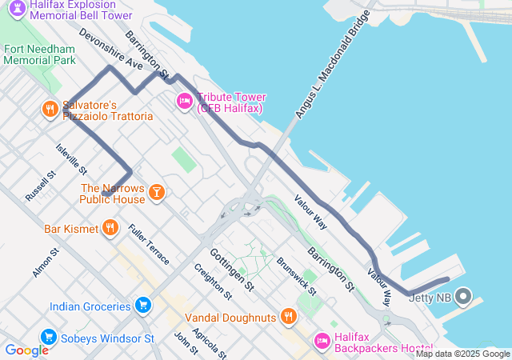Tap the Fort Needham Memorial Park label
coord(39,54)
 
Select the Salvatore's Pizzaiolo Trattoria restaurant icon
coord(50,107)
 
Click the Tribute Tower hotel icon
coord(183,101)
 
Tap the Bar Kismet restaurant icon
coord(110,228)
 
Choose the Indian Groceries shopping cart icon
coord(143,305)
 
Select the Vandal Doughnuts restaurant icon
coord(289,316)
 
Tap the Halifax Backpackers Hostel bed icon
coord(322,341)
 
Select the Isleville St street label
coord(70,158)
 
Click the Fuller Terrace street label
coord(148,245)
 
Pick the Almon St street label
coord(46,263)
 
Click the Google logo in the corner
coord(26,350)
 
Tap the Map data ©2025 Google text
coord(462,354)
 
